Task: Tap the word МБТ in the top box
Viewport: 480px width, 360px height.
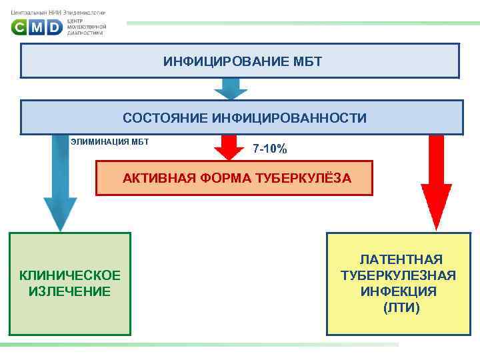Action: pyautogui.click(x=307, y=62)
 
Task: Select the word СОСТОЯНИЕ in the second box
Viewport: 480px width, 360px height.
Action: pyautogui.click(x=165, y=118)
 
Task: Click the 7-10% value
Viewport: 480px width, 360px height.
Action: pyautogui.click(x=270, y=149)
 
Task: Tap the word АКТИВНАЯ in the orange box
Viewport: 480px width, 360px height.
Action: pyautogui.click(x=155, y=178)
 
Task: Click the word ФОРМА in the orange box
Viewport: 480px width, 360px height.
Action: pyautogui.click(x=222, y=178)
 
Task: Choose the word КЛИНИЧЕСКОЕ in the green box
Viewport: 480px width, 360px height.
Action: pyautogui.click(x=70, y=275)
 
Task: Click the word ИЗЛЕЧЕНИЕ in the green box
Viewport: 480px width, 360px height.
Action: pyautogui.click(x=70, y=291)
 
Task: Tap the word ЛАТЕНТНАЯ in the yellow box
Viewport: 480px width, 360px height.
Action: pyautogui.click(x=401, y=259)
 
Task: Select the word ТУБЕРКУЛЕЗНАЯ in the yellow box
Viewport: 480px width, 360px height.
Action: pyautogui.click(x=398, y=275)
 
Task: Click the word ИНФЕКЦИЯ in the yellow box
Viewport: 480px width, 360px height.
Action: pyautogui.click(x=399, y=291)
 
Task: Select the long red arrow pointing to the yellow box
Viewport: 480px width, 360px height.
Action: pyautogui.click(x=436, y=180)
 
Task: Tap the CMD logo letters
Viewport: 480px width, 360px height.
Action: pyautogui.click(x=37, y=27)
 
